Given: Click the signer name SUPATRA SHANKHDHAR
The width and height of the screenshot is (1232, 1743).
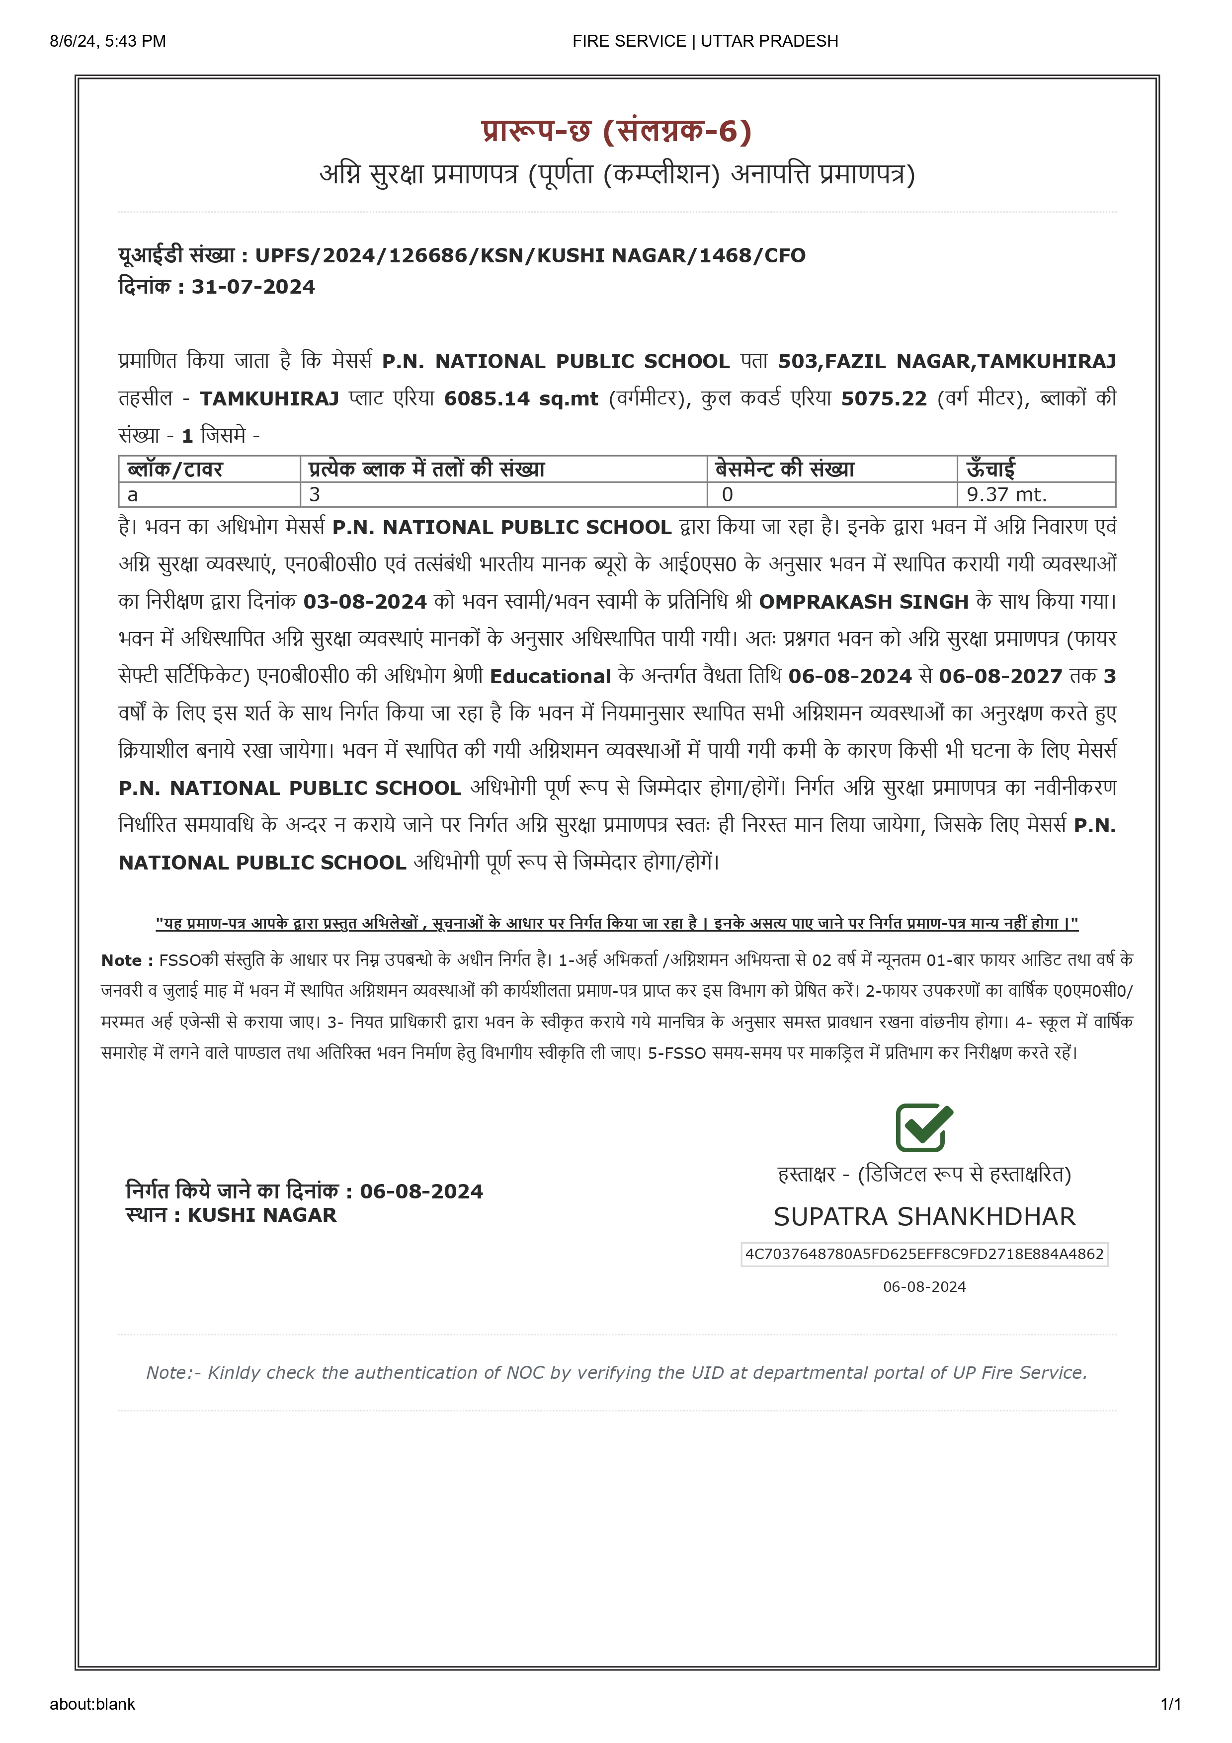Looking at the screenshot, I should point(924,1217).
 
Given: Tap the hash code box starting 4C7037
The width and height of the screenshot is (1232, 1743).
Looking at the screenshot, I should point(924,1254).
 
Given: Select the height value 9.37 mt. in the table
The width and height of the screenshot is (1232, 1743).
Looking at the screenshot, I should point(1006,495).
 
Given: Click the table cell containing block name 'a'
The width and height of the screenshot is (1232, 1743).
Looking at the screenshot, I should point(209,495).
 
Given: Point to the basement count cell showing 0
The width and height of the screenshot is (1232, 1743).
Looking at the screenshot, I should point(831,495).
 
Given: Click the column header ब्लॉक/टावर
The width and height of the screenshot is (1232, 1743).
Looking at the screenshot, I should point(175,469).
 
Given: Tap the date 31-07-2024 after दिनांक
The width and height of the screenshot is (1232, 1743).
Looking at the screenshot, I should point(253,287).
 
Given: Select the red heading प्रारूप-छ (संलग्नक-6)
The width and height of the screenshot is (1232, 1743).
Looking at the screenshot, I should point(616,131).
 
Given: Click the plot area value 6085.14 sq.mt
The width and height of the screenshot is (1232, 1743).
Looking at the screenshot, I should point(521,398).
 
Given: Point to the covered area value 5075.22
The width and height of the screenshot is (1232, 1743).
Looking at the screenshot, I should point(884,398).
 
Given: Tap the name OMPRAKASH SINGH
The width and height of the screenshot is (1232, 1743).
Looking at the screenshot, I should point(863,602).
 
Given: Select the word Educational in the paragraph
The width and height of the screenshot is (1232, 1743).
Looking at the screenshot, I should point(550,676).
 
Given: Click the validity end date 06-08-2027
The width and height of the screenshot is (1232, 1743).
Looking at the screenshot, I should point(1000,676).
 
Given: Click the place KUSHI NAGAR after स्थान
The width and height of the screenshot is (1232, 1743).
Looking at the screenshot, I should point(262,1215).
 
